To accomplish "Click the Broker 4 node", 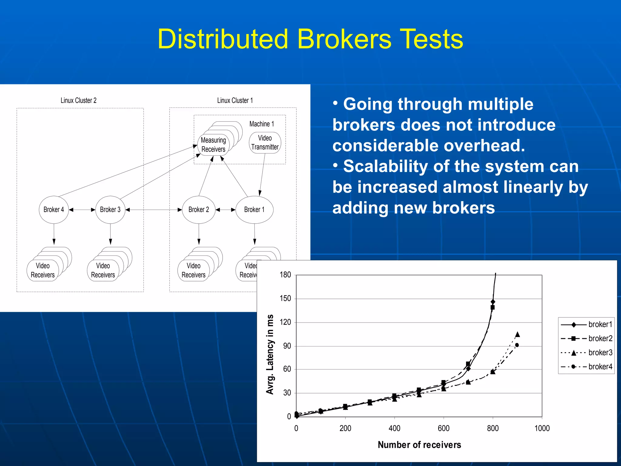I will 54,210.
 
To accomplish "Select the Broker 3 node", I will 110,210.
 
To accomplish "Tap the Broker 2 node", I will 199,210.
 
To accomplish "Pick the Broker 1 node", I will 254,210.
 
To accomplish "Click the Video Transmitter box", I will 265,143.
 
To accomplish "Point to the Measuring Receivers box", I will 213,145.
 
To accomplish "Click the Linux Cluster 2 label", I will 79,100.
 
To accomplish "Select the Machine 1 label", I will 261,124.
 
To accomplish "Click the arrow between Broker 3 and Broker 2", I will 153,210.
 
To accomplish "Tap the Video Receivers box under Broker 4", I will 43,270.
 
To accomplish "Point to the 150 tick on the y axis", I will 285,299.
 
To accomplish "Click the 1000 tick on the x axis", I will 542,428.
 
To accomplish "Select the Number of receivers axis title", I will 419,445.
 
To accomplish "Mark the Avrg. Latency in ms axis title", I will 270,354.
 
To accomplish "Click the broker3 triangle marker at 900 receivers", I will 518,334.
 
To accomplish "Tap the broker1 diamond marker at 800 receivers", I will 493,302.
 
